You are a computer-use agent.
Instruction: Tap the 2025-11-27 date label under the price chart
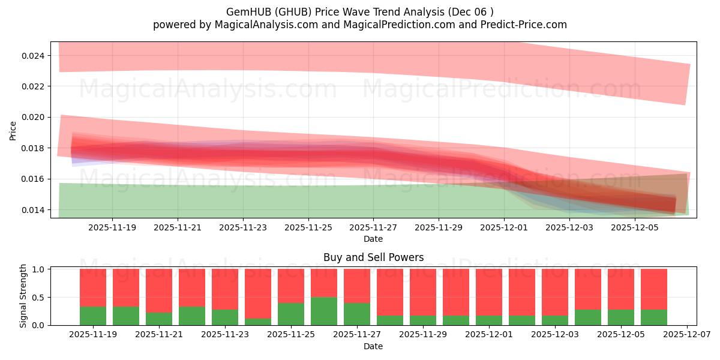tap(373, 227)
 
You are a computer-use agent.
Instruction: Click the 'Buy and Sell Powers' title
tap(373, 257)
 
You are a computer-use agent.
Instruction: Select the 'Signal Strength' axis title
tap(23, 296)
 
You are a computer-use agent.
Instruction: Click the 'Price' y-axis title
tap(13, 130)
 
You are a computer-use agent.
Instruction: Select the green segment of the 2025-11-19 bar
tap(93, 316)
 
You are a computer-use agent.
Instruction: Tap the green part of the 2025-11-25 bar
tap(291, 314)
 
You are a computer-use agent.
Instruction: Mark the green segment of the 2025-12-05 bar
tap(621, 317)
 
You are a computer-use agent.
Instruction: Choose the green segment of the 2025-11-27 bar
tap(357, 314)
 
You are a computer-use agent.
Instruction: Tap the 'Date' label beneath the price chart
tap(373, 239)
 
